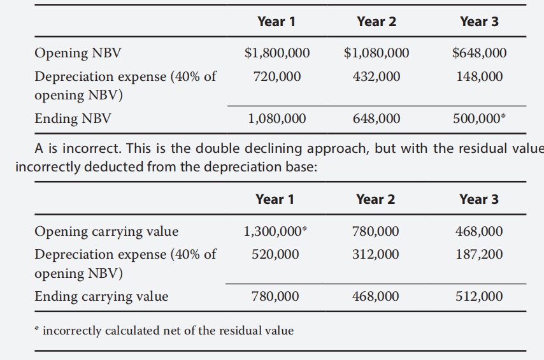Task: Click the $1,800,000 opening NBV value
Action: (x=277, y=53)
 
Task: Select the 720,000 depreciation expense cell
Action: (x=277, y=76)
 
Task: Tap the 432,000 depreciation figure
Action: (x=376, y=76)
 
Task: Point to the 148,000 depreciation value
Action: (x=479, y=76)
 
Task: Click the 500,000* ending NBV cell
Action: (x=480, y=119)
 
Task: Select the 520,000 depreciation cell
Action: (x=275, y=254)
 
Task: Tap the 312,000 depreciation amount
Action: (x=376, y=254)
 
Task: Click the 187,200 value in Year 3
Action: (x=479, y=254)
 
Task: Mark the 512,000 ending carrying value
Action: (x=479, y=296)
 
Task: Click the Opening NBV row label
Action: (x=78, y=53)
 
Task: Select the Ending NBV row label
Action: (x=73, y=119)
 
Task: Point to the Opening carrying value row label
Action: (x=106, y=231)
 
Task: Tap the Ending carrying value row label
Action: (x=101, y=296)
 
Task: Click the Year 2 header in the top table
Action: (x=376, y=22)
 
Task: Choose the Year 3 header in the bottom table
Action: (x=479, y=199)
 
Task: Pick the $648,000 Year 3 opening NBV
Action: (x=479, y=53)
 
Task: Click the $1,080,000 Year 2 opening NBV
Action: (x=376, y=53)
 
